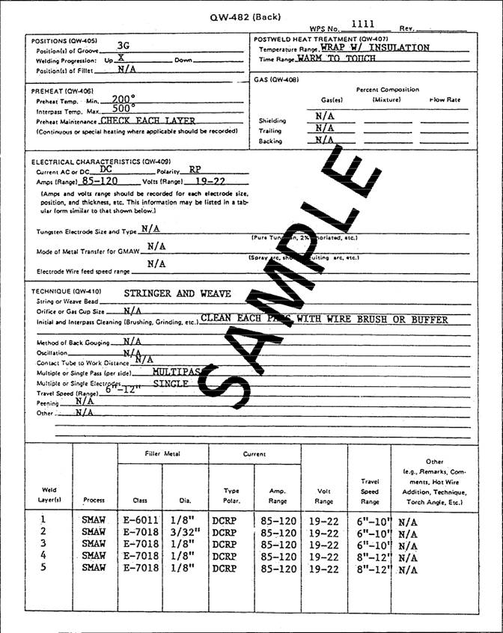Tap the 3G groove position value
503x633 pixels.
(124, 46)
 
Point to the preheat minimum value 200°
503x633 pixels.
(123, 99)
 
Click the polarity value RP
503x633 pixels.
(195, 170)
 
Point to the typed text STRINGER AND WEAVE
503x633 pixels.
(177, 293)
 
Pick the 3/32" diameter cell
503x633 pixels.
(182, 533)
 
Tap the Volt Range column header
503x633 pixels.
(323, 496)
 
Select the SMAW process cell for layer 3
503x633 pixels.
(94, 545)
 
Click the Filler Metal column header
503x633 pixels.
(162, 454)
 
